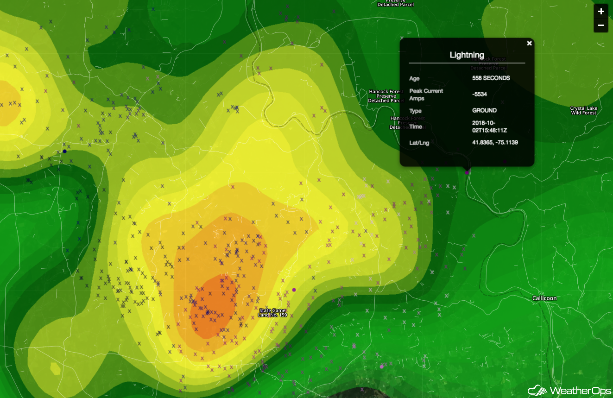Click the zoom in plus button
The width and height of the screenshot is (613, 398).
pyautogui.click(x=601, y=12)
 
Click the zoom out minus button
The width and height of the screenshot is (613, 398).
pyautogui.click(x=601, y=25)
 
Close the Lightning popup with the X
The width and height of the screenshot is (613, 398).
pyautogui.click(x=529, y=43)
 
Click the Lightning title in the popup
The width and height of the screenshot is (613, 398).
pyautogui.click(x=467, y=55)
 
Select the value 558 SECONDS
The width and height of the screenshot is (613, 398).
pyautogui.click(x=491, y=78)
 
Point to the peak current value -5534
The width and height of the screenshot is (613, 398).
pyautogui.click(x=480, y=94)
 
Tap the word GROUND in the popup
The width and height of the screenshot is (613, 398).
pyautogui.click(x=484, y=110)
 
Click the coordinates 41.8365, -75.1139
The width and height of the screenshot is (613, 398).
pyautogui.click(x=495, y=142)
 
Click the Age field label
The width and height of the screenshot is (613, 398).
pyautogui.click(x=414, y=78)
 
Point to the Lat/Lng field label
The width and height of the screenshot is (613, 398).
pyautogui.click(x=419, y=143)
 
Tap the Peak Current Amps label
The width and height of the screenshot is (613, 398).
pyautogui.click(x=426, y=95)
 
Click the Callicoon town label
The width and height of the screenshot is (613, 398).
pyautogui.click(x=544, y=298)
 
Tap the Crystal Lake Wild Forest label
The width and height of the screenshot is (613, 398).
pyautogui.click(x=583, y=111)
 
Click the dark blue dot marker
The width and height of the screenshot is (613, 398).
pyautogui.click(x=65, y=152)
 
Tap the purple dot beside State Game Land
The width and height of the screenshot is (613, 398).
pyautogui.click(x=294, y=290)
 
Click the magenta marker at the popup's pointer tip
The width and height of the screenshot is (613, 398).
pyautogui.click(x=467, y=172)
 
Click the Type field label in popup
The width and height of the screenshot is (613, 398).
pyautogui.click(x=415, y=111)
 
